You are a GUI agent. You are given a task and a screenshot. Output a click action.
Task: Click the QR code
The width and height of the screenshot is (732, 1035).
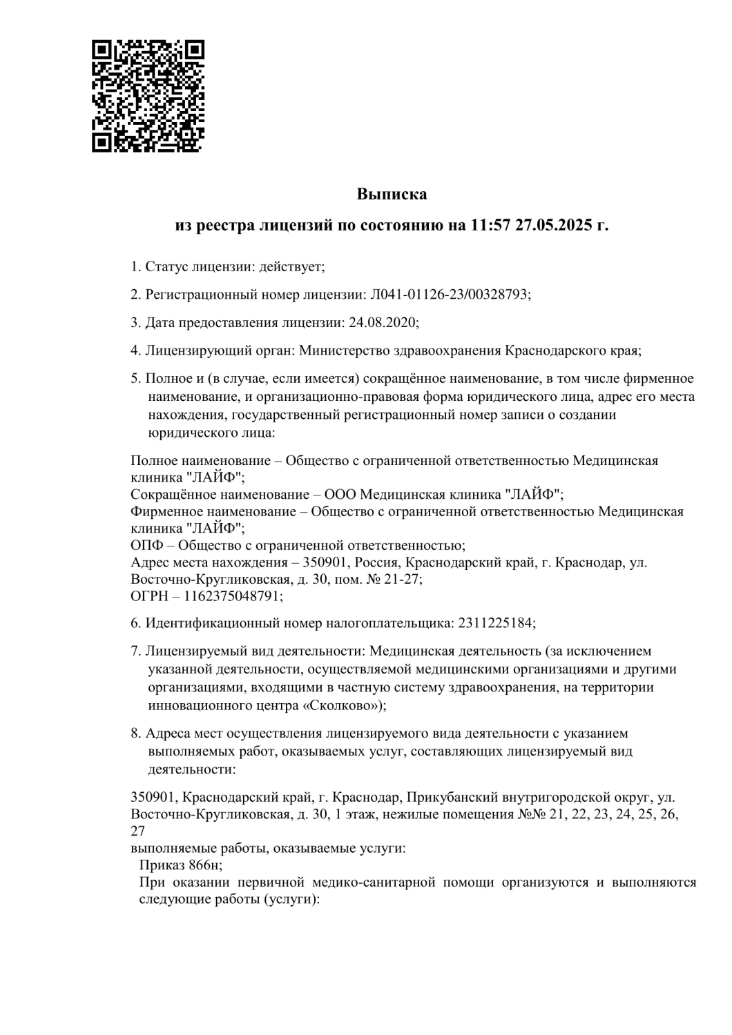(x=149, y=96)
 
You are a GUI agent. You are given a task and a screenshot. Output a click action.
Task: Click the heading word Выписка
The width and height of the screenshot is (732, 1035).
(x=392, y=194)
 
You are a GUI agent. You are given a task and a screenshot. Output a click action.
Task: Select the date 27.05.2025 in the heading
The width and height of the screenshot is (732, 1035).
(x=554, y=226)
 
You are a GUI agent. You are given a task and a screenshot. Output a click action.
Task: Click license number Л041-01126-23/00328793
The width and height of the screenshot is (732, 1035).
(x=450, y=294)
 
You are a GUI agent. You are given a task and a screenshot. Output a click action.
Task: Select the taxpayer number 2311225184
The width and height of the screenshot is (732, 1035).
(x=495, y=623)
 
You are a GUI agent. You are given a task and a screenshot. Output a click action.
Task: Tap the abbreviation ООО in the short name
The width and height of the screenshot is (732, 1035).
(x=341, y=494)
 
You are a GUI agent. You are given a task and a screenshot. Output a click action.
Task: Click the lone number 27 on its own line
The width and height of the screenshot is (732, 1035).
(x=138, y=831)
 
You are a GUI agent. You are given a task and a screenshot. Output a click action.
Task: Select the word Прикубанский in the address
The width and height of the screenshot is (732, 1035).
(x=447, y=798)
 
